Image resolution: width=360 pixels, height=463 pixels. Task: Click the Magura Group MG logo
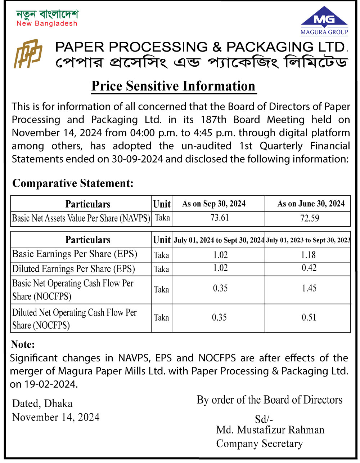324,21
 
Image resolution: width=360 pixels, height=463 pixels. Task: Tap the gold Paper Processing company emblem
28,54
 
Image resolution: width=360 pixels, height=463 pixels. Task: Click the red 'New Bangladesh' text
47,23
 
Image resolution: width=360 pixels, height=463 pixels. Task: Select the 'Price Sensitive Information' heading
173,86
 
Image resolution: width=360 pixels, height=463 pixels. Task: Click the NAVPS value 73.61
220,218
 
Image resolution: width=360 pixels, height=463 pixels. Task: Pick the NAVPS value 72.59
310,218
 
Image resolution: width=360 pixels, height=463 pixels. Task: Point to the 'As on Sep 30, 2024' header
214,204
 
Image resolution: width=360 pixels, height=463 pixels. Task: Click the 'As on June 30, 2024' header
311,204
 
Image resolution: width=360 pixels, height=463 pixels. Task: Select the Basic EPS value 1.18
309,255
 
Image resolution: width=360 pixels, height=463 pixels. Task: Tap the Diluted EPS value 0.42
309,268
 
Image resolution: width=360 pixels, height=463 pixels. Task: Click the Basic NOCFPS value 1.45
309,288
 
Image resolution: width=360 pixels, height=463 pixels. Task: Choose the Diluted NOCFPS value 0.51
309,317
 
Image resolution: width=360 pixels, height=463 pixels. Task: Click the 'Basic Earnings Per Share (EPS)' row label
75,254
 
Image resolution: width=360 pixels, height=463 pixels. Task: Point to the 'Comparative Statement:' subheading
73,183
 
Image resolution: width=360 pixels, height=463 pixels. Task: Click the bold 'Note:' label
23,344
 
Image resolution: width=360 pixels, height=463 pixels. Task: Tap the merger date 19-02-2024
51,384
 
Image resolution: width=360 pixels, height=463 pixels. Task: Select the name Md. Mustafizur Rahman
270,430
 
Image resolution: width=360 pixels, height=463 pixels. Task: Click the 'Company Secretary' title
260,444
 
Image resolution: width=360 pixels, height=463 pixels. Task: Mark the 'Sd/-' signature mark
264,419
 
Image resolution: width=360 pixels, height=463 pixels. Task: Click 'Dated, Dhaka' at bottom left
42,403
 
